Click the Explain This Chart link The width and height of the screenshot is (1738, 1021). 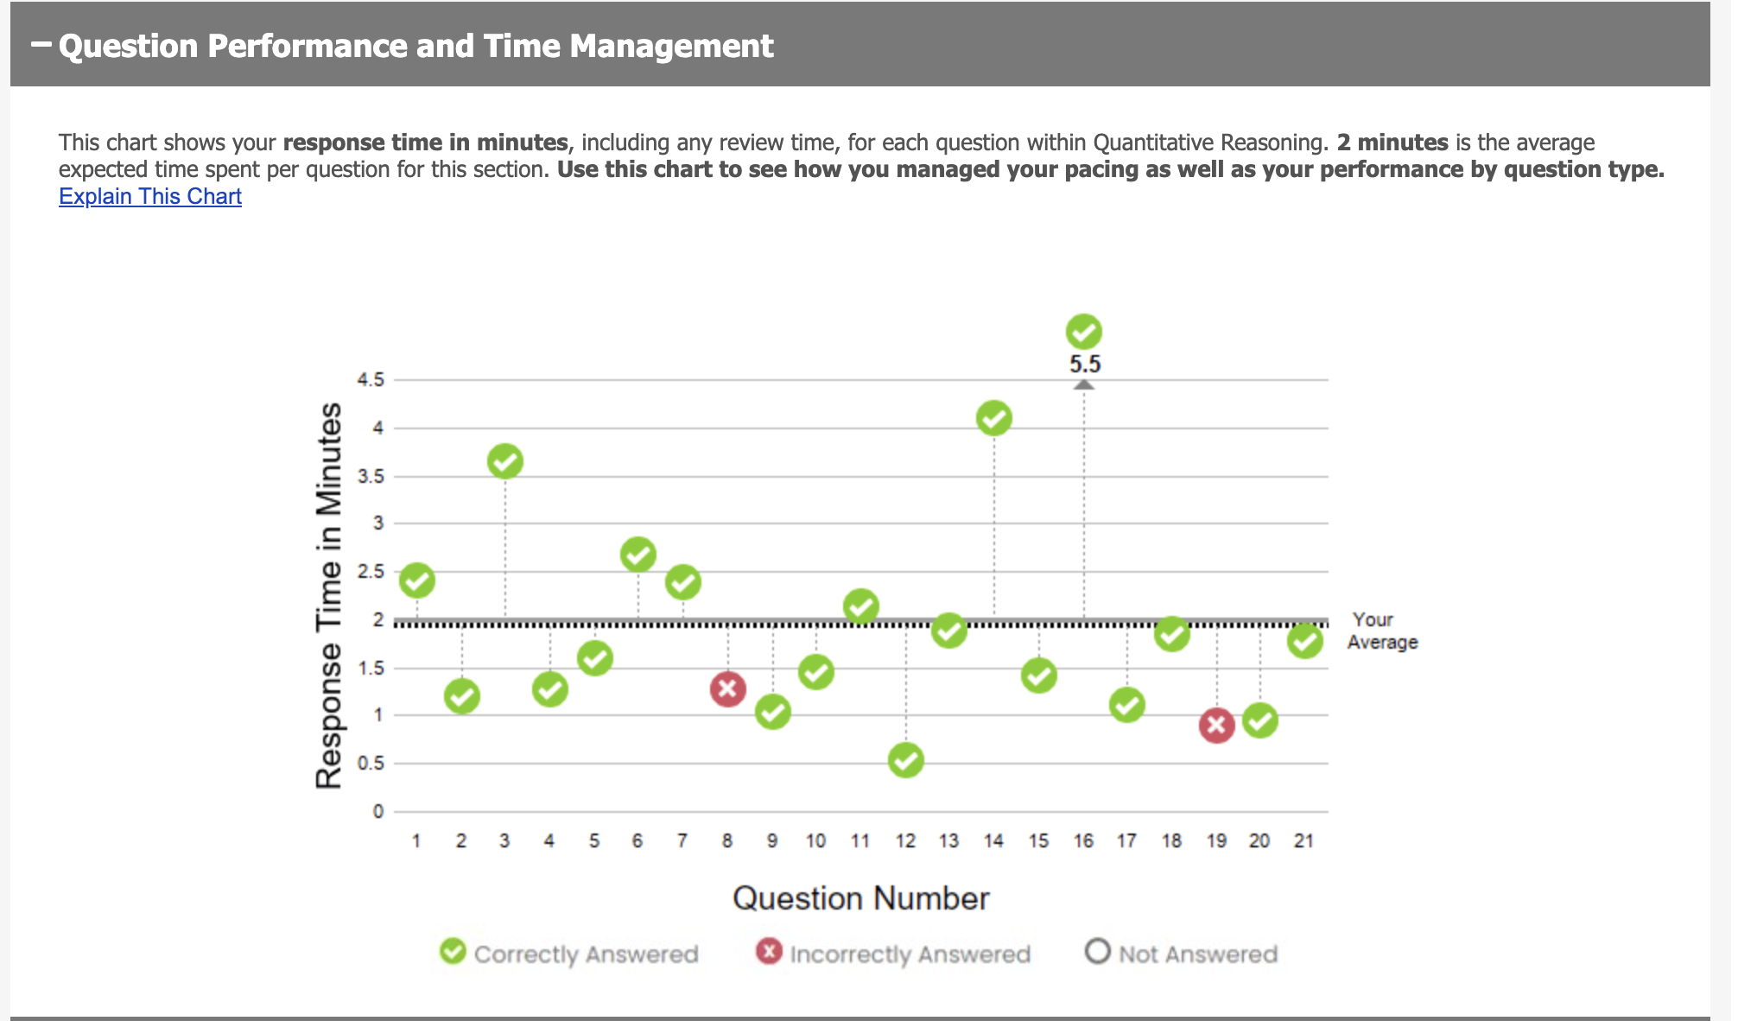[149, 196]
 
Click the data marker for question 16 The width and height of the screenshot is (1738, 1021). [1083, 332]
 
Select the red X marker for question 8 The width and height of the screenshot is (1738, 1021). [727, 689]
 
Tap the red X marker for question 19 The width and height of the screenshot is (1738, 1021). [1216, 726]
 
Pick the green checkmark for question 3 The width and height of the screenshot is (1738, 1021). [504, 461]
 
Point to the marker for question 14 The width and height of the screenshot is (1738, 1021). [993, 419]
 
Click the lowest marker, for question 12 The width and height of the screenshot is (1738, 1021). [905, 760]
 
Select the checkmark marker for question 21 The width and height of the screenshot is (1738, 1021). [1304, 641]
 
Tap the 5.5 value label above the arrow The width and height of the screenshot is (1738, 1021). [1085, 365]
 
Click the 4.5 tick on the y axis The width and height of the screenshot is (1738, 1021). [371, 380]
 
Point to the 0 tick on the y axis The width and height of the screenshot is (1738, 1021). [377, 811]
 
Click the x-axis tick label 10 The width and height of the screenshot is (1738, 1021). [815, 840]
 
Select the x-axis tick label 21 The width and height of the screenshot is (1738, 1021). [1303, 840]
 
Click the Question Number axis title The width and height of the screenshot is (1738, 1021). [860, 898]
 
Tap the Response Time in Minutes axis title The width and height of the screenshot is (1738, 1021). [329, 595]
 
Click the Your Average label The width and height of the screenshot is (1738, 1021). [1382, 631]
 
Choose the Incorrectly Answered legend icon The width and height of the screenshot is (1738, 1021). [768, 951]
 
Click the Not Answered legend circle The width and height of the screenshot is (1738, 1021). [1097, 951]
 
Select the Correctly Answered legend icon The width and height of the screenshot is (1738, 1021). [453, 951]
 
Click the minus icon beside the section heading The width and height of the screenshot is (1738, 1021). [41, 43]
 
